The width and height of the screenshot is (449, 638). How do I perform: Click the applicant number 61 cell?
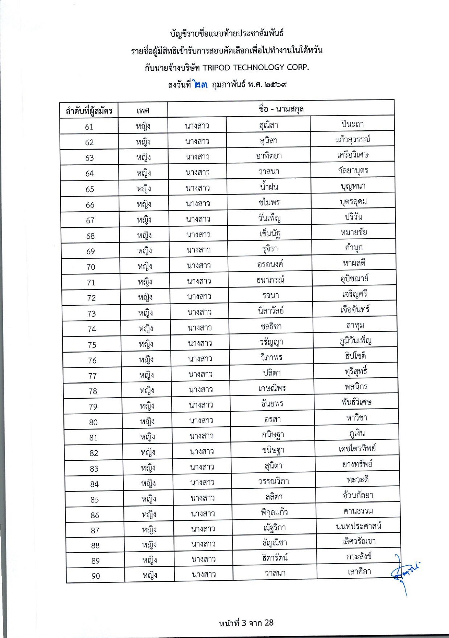89,127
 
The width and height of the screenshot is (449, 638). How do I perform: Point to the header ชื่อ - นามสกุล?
281,109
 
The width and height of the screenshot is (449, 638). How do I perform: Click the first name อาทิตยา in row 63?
269,156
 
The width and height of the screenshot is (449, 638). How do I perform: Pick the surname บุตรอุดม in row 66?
353,202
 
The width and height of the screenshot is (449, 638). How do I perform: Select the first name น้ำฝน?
269,187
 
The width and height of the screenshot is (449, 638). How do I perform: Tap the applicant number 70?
91,267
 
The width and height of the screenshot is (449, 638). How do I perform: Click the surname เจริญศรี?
355,294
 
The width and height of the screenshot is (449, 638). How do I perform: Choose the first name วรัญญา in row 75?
271,342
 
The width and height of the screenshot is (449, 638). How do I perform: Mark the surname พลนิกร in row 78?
356,387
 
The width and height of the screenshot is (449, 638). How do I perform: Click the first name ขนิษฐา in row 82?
273,450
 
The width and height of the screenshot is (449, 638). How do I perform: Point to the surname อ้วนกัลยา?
358,495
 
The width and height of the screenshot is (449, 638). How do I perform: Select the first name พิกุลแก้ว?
274,512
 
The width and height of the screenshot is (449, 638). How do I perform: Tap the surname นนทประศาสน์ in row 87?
359,526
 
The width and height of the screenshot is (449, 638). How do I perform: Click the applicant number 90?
96,576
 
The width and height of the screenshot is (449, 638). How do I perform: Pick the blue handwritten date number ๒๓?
201,85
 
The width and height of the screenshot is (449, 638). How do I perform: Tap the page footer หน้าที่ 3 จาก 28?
246,623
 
